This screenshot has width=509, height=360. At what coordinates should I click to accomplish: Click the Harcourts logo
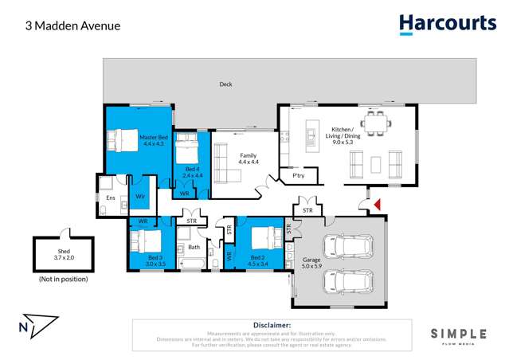pos(447,24)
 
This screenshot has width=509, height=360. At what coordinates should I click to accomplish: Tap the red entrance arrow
pos(378,205)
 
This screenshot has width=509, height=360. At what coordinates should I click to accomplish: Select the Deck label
pos(226,84)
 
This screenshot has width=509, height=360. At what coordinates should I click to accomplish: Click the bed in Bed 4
pos(187,149)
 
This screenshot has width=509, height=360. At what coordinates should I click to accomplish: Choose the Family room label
pos(249,158)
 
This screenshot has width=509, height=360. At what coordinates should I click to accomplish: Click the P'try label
pos(299,175)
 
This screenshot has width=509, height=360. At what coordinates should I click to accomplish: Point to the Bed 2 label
pos(257,261)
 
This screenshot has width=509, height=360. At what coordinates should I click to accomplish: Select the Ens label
pos(109,198)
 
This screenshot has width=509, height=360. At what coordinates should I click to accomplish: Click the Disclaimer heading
pos(272,326)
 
